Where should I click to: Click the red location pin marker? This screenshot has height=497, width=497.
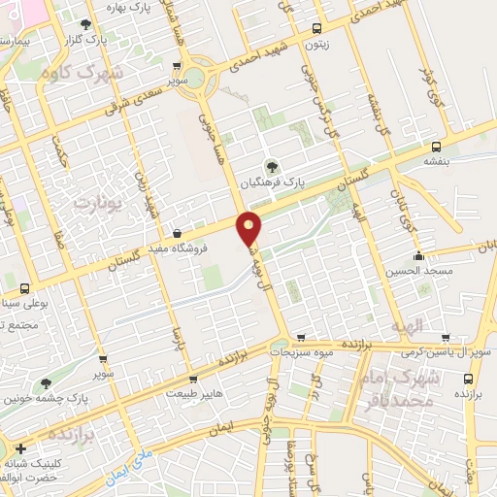point(249,226)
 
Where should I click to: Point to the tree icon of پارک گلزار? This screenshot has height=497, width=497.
point(86,23)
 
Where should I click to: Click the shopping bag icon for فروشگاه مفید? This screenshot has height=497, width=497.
point(177,233)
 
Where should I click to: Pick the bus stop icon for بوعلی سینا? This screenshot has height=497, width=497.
point(24,288)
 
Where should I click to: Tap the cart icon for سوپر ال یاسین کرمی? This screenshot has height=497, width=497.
point(446,338)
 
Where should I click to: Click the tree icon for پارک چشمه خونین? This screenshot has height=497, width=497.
point(45,383)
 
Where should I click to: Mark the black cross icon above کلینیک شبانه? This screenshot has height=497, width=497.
point(21,448)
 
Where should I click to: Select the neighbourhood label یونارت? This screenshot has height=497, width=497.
point(94,204)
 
